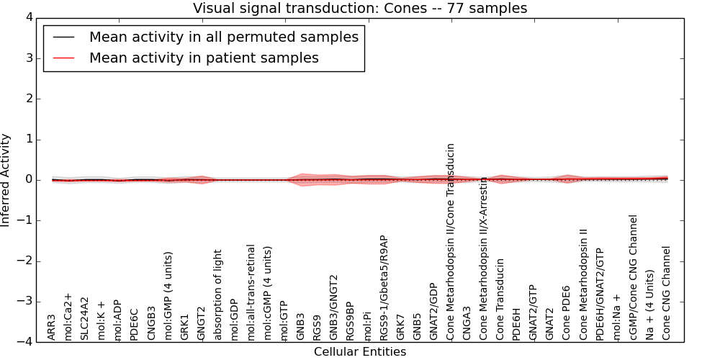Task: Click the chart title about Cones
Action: (x=360, y=9)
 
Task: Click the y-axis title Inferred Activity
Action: (x=6, y=180)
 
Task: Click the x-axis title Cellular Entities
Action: (x=360, y=352)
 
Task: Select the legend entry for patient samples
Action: (x=204, y=58)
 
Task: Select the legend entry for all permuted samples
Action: (x=223, y=37)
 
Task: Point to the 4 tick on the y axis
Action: (x=33, y=17)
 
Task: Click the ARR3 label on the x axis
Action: (x=52, y=327)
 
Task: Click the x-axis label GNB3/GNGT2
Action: (x=334, y=307)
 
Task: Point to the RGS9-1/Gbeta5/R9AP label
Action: (x=384, y=287)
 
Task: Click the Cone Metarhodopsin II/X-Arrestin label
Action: (x=484, y=258)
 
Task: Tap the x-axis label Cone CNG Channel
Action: (x=667, y=293)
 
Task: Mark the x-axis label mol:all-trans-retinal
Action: (x=251, y=292)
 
